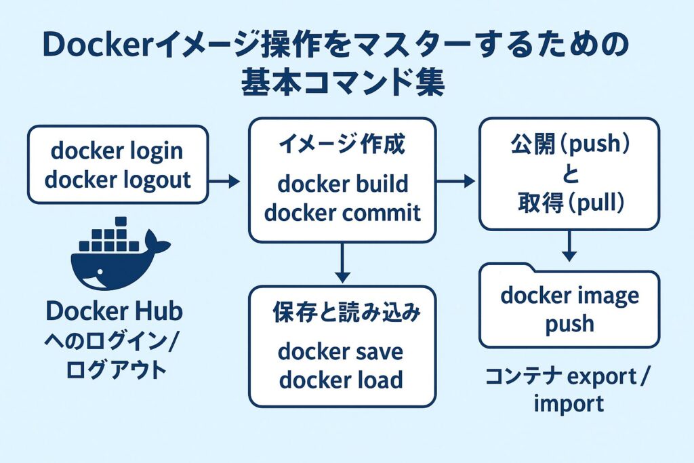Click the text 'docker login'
(x=117, y=150)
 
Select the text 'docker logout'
(x=117, y=180)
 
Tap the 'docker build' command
(x=342, y=184)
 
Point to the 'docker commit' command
(x=342, y=212)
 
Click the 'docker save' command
(x=340, y=352)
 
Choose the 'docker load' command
(x=340, y=380)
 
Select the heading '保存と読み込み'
(x=346, y=313)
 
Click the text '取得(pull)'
(x=569, y=203)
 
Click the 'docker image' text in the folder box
(x=569, y=296)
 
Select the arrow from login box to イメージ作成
(x=224, y=181)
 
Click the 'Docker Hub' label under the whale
(x=114, y=313)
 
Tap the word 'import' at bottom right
(x=568, y=404)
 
